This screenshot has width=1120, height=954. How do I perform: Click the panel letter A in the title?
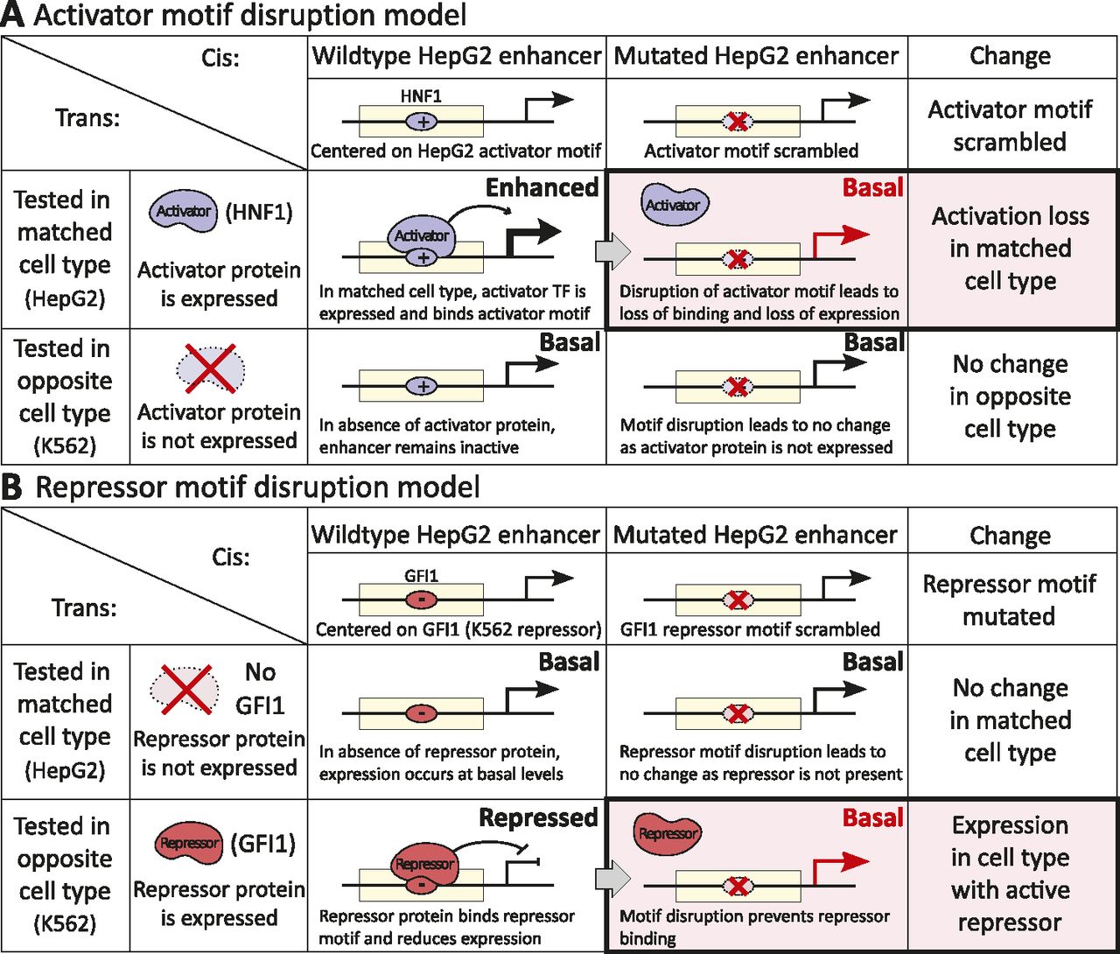tap(12, 16)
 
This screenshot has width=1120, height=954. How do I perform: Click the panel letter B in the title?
tap(12, 488)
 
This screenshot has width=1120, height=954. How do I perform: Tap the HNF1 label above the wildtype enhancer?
tap(421, 96)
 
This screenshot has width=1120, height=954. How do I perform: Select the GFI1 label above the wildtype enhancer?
tap(421, 576)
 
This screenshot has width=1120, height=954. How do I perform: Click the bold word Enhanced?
tap(542, 188)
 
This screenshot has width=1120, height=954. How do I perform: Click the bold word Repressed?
tap(538, 818)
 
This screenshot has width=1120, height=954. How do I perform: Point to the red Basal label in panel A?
tap(872, 188)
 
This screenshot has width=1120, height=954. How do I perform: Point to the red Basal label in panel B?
tap(872, 818)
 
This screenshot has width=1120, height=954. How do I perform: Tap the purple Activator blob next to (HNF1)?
tap(183, 212)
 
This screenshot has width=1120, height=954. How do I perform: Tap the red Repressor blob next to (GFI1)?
tap(189, 844)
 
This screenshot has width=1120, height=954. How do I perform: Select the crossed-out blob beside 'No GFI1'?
tap(185, 688)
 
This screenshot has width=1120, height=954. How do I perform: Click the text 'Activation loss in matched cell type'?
tap(1011, 249)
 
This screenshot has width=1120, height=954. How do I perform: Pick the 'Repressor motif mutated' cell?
tap(1009, 600)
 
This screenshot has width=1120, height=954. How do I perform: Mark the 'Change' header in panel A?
tap(1010, 56)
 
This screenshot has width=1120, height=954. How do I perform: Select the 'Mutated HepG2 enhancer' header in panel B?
tap(755, 535)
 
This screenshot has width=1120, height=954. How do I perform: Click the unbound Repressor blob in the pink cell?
tap(668, 833)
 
